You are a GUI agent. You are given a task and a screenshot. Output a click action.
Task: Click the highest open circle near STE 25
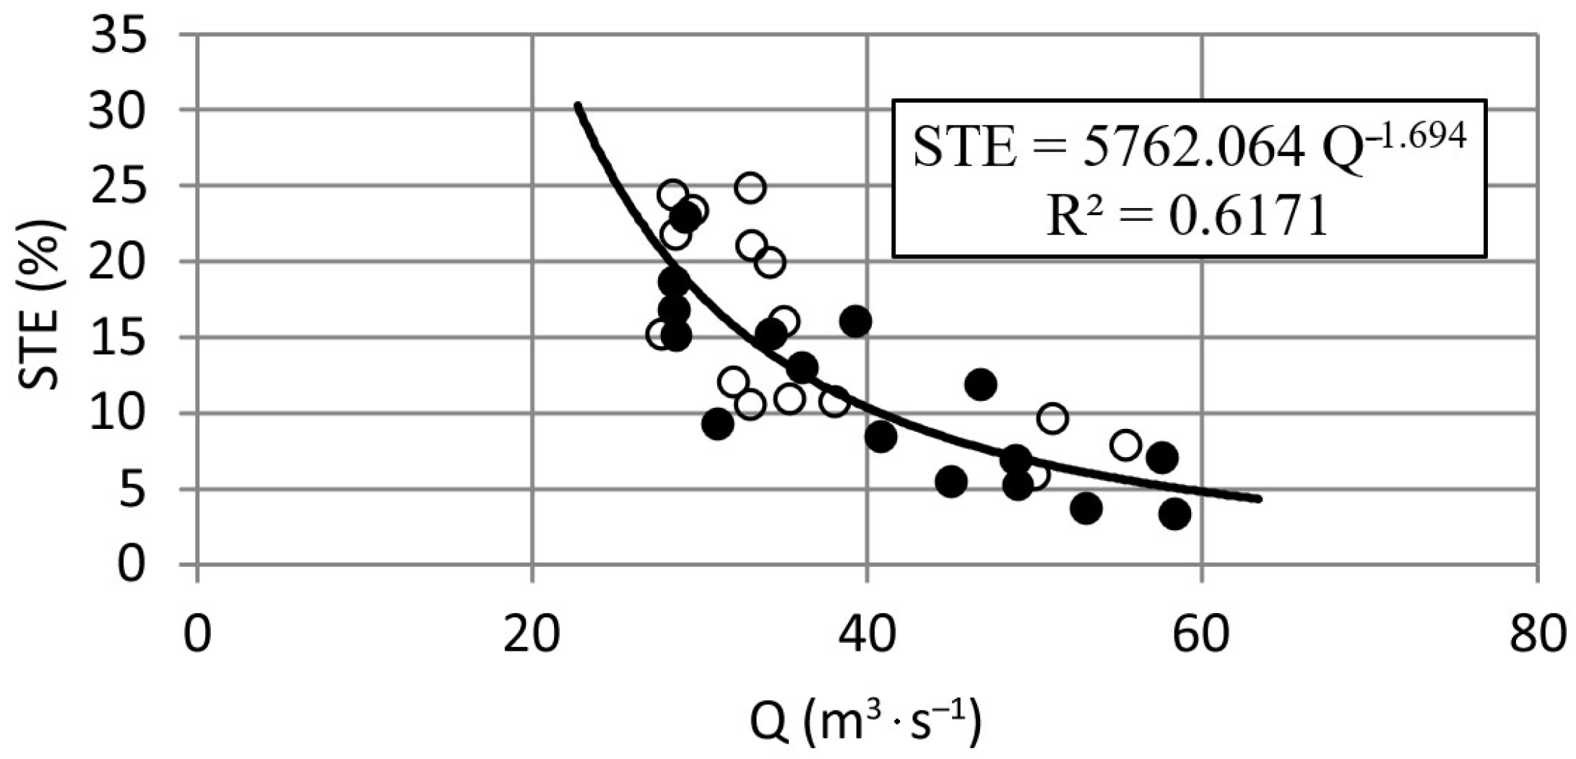pos(750,188)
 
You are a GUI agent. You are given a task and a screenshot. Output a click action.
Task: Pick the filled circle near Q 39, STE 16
pos(856,321)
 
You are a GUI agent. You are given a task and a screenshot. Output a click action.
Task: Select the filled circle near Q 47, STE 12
pos(980,385)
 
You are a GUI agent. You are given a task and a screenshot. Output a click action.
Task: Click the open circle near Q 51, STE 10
pos(1052,418)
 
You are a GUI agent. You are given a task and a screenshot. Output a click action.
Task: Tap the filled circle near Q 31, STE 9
pos(717,424)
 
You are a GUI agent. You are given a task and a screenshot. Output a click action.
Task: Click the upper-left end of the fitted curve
pos(577,106)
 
